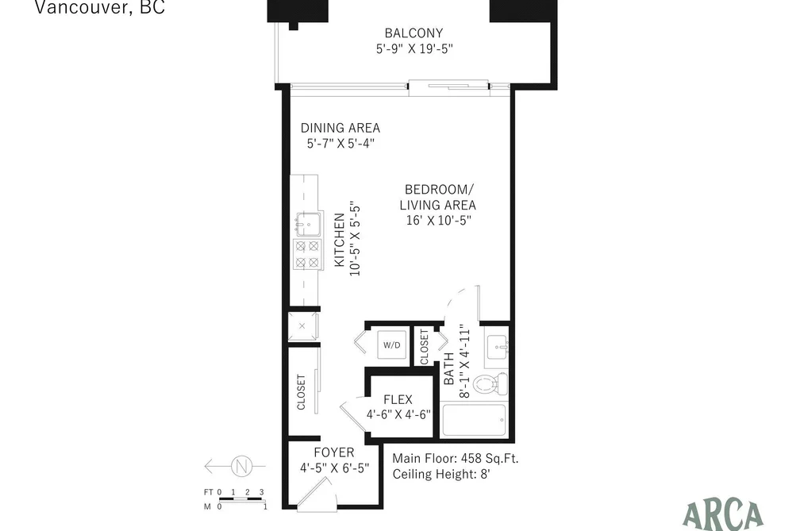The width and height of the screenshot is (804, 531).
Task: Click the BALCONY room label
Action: click(x=414, y=33)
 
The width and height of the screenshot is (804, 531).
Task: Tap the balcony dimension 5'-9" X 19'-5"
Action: click(x=414, y=48)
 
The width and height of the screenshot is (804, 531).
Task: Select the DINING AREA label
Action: click(x=340, y=128)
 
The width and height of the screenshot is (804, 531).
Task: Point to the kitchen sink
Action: click(x=308, y=224)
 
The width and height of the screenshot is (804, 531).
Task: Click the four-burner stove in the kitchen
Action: click(x=308, y=255)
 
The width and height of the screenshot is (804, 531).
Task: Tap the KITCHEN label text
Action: click(x=340, y=240)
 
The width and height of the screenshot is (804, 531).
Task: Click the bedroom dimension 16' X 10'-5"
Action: click(x=438, y=221)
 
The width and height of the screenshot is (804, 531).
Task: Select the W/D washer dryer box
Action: click(x=392, y=345)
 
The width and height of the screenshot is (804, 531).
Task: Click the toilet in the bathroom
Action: click(x=490, y=384)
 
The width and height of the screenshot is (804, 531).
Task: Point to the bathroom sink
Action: click(x=496, y=347)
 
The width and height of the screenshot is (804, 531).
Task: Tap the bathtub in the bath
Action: click(x=474, y=421)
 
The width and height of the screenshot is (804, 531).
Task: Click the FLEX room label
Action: click(x=398, y=399)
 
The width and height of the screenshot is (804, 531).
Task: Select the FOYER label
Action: click(x=334, y=452)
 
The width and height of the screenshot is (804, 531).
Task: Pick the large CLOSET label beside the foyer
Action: click(x=301, y=392)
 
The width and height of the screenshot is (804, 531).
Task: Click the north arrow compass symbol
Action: click(x=241, y=467)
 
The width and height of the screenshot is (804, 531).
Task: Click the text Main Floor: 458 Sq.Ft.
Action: click(x=456, y=458)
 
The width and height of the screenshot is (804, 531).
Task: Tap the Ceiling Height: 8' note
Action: click(x=441, y=474)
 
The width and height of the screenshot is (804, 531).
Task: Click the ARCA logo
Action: click(x=723, y=515)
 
